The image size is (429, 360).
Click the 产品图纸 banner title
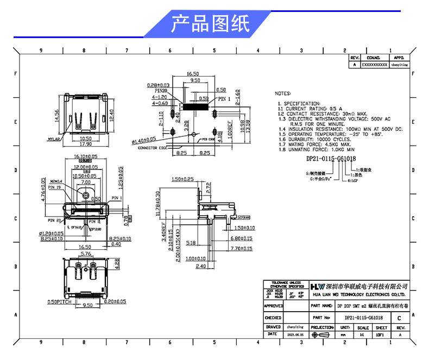pyautogui.click(x=210, y=24)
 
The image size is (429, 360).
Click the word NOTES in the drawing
pyautogui.click(x=286, y=93)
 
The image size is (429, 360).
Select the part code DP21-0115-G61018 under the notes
pyautogui.click(x=330, y=159)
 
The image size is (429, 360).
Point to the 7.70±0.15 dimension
pyautogui.click(x=242, y=248)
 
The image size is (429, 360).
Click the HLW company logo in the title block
pyautogui.click(x=317, y=286)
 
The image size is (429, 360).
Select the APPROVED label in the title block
pyautogui.click(x=273, y=306)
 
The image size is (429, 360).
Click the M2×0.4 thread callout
pyautogui.click(x=56, y=180)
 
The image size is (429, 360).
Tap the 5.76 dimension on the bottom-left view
pyautogui.click(x=85, y=254)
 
